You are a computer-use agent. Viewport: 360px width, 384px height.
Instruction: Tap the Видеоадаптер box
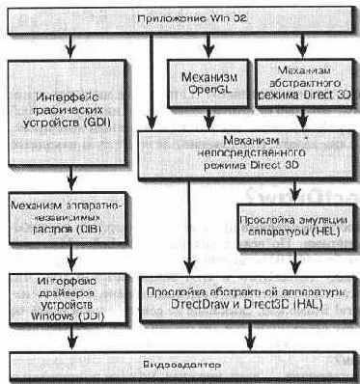pyautogui.click(x=180, y=366)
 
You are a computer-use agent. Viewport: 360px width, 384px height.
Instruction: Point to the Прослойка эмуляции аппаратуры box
pyautogui.click(x=291, y=227)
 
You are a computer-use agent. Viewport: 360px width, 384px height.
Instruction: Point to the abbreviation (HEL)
pyautogui.click(x=321, y=233)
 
